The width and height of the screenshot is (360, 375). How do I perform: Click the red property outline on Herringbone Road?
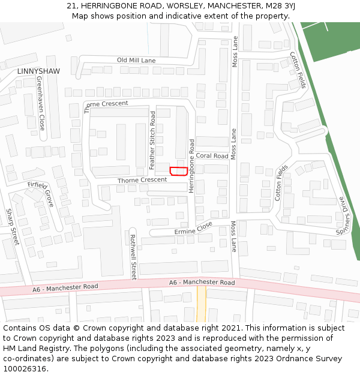[x=177, y=171]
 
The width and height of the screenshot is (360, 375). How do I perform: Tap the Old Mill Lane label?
[x=136, y=61]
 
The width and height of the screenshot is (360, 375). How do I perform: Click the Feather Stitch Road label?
[x=152, y=140]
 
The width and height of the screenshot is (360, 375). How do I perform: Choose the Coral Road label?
[x=212, y=156]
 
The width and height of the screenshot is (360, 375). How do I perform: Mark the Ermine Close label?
[x=193, y=227]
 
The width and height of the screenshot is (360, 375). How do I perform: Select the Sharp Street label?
[x=13, y=227]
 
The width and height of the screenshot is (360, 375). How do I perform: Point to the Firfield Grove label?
[x=41, y=194]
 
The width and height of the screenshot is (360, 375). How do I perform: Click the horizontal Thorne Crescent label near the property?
[x=142, y=180]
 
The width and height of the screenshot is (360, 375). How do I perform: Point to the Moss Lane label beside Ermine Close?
[x=234, y=236]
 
